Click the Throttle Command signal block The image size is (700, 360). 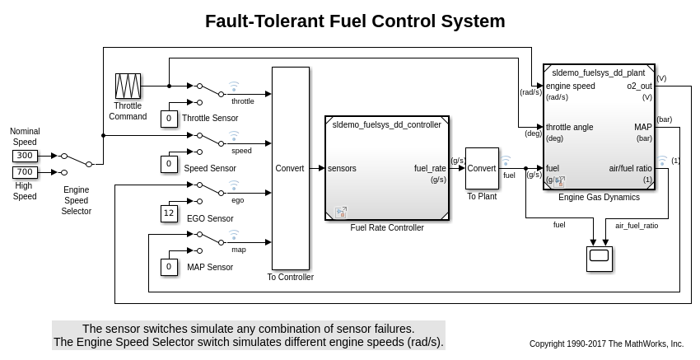(x=128, y=86)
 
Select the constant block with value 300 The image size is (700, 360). (x=26, y=155)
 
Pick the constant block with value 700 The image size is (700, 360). (x=26, y=172)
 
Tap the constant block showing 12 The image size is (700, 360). (x=169, y=213)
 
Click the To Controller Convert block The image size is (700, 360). (x=290, y=168)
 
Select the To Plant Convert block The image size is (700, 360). (x=482, y=168)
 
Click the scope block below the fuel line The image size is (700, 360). (x=599, y=258)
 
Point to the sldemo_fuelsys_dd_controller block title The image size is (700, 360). (x=386, y=124)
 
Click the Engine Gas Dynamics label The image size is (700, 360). (x=599, y=198)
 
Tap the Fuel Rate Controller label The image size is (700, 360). (x=387, y=227)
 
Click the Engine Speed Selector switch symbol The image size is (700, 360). (x=77, y=160)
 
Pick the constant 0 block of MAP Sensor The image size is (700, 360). (x=169, y=267)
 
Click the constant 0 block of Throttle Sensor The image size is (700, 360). (x=169, y=119)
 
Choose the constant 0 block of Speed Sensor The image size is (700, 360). (x=169, y=164)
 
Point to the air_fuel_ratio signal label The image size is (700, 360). (x=637, y=225)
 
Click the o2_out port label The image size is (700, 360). (x=639, y=86)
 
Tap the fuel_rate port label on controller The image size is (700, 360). (x=430, y=168)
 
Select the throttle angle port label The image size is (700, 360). (x=570, y=127)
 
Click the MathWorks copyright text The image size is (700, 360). (x=606, y=344)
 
